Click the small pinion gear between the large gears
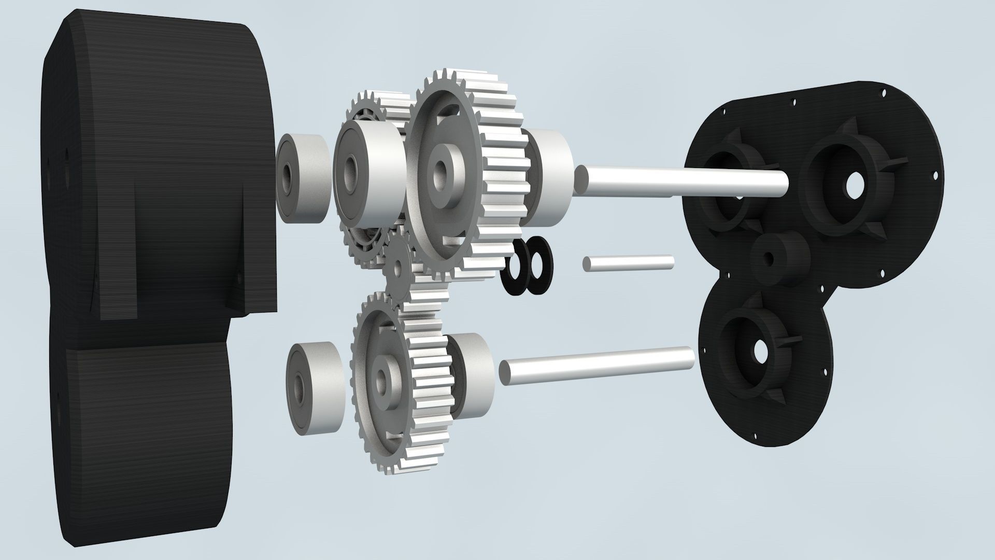point(398,267)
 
